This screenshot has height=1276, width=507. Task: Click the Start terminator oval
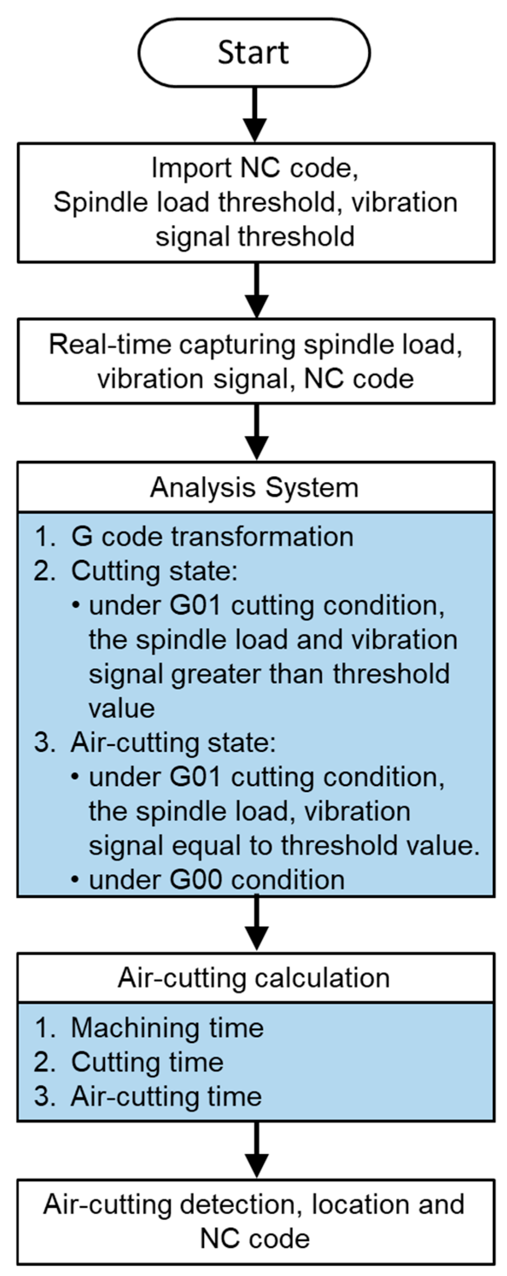pyautogui.click(x=253, y=52)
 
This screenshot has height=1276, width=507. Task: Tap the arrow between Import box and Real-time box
pyautogui.click(x=256, y=290)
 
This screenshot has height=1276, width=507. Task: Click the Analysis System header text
pyautogui.click(x=254, y=487)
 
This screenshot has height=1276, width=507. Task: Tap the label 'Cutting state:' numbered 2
pyautogui.click(x=154, y=571)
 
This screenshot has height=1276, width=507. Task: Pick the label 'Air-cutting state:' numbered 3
pyautogui.click(x=173, y=743)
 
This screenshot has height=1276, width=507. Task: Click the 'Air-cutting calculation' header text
pyautogui.click(x=253, y=978)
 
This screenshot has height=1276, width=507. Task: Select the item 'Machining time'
pyautogui.click(x=167, y=1028)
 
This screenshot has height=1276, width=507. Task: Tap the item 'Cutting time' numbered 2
pyautogui.click(x=147, y=1062)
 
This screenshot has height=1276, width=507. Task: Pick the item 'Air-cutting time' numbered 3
pyautogui.click(x=166, y=1096)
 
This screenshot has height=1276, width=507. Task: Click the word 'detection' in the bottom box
pyautogui.click(x=240, y=1205)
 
